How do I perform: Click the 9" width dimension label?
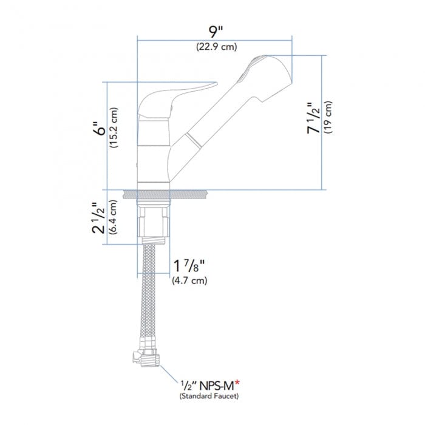216,30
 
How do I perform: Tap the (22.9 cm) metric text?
216,47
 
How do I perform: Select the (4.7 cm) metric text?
189,280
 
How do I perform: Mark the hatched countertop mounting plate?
169,194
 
